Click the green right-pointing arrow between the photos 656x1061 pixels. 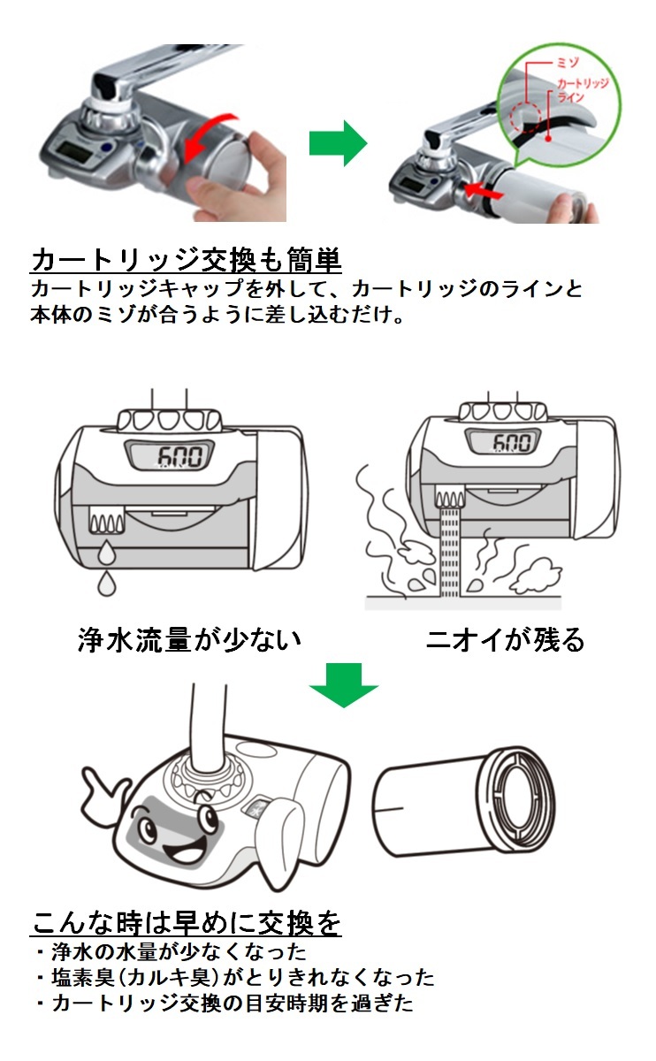coord(337,142)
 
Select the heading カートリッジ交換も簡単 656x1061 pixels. coord(186,260)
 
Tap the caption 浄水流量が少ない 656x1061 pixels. coord(188,639)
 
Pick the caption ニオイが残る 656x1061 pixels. coord(505,639)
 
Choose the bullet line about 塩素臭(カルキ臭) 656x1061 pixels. coord(234,977)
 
